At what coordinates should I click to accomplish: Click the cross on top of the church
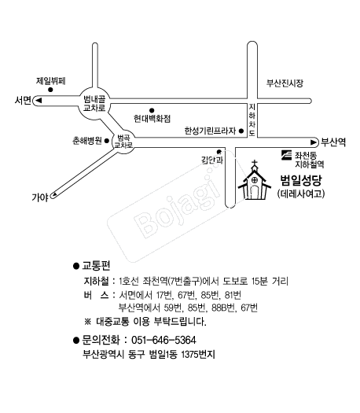pos(255,164)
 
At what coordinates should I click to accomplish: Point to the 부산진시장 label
pos(285,83)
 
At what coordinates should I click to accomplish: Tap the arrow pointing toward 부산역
pos(313,142)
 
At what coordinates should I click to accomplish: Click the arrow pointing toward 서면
pos(39,101)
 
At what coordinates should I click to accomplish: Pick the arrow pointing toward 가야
pos(54,195)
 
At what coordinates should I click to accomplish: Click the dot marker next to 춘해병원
pos(107,141)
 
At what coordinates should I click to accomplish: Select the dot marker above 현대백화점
pos(152,110)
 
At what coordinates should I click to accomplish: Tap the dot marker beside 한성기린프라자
pos(241,131)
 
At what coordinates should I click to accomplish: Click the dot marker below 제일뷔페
pos(50,90)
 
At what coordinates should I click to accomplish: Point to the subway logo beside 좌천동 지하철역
pos(286,155)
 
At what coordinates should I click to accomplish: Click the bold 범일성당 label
pos(301,181)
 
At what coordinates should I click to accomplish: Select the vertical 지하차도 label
pos(252,120)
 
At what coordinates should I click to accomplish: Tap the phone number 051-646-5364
pos(163,340)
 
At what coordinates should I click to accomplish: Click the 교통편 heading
pos(97,266)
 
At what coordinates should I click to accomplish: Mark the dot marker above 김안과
pos(219,152)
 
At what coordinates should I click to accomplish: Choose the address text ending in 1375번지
pos(149,354)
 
